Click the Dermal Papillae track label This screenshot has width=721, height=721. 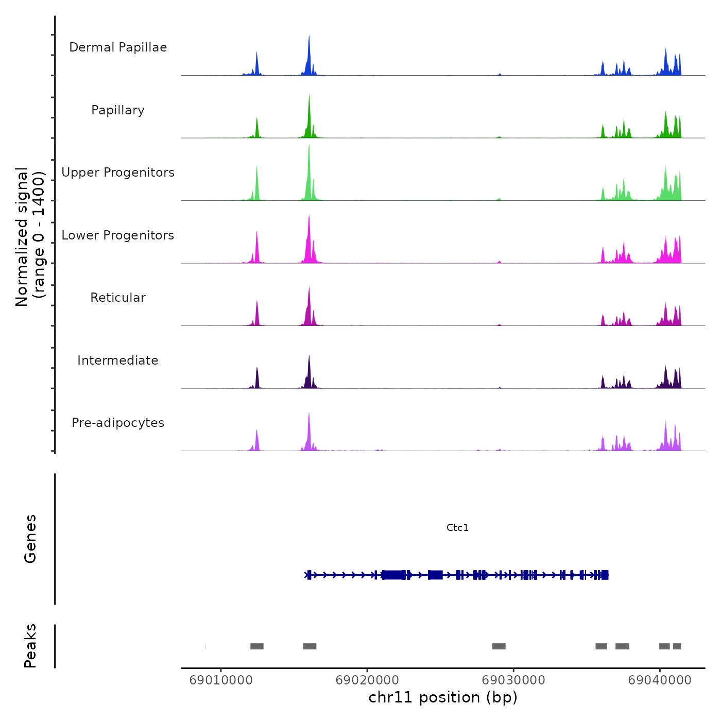tap(118, 47)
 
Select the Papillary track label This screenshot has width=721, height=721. tap(118, 110)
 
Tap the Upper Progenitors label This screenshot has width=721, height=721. tap(118, 173)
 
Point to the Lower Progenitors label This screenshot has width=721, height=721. tap(118, 235)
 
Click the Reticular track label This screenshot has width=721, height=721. tap(118, 298)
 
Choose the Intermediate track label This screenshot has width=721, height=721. tap(118, 360)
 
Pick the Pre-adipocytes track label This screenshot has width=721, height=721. tap(118, 423)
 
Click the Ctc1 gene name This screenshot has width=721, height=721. tap(457, 527)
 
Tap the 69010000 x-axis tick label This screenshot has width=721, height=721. tap(221, 680)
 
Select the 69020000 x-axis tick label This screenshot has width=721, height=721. tap(367, 680)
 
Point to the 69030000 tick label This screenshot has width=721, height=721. tap(513, 680)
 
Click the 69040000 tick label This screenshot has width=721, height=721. tap(660, 680)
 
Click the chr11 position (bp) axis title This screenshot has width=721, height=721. tap(443, 697)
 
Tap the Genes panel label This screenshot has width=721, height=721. tap(30, 539)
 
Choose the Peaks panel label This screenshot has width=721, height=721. tap(30, 646)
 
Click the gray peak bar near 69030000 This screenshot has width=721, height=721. tap(499, 646)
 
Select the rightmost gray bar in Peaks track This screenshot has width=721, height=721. tap(677, 646)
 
